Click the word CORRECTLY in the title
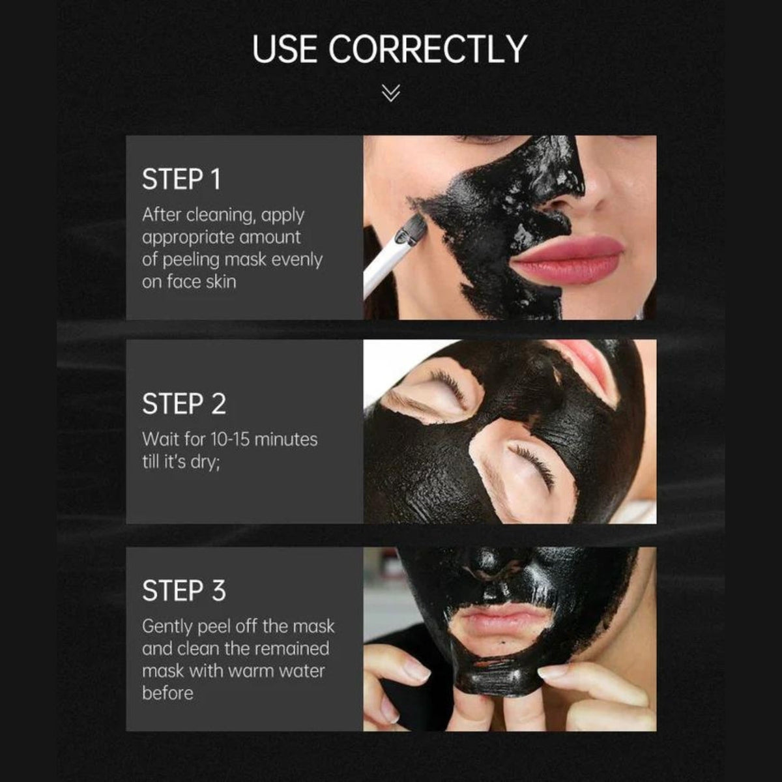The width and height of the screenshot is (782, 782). point(427,49)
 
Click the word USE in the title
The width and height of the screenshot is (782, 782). point(284,49)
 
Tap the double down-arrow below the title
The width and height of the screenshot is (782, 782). point(391,93)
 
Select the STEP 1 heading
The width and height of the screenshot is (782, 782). point(181,179)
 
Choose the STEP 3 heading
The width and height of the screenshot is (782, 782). point(184,590)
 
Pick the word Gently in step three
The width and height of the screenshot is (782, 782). point(167,627)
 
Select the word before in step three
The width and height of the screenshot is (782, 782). point(167,693)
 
